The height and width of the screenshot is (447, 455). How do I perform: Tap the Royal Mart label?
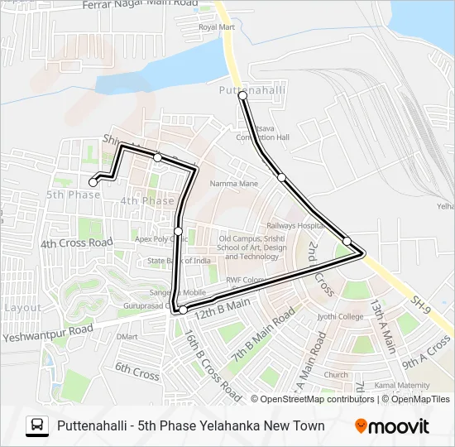pos(217,27)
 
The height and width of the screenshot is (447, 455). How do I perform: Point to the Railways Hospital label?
pos(293,225)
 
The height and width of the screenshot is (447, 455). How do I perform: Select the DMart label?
pos(127,336)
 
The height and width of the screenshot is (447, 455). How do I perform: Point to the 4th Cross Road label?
pos(76,243)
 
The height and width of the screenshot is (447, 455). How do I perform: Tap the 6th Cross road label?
pos(136,371)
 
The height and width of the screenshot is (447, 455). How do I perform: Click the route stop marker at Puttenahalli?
pos(243,96)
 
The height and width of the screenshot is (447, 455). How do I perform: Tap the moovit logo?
pos(392,426)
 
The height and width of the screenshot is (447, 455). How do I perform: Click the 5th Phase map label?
pos(73,195)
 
